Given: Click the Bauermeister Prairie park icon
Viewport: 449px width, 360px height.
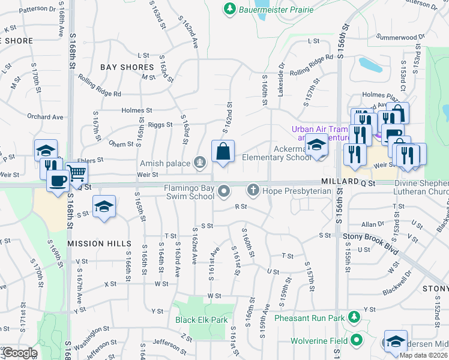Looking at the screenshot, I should pyautogui.click(x=229, y=8).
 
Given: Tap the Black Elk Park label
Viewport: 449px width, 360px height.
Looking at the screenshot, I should pyautogui.click(x=201, y=320).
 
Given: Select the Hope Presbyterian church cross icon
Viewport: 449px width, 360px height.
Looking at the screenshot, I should pyautogui.click(x=253, y=191).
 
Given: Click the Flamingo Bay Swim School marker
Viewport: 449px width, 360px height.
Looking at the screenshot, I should pyautogui.click(x=224, y=191).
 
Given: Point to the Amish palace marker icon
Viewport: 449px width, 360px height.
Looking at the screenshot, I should pyautogui.click(x=199, y=162).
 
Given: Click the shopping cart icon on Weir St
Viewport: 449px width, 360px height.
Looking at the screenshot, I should pyautogui.click(x=77, y=173).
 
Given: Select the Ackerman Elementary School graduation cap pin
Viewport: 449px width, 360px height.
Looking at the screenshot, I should pyautogui.click(x=316, y=146).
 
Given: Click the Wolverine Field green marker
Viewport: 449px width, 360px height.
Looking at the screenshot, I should pyautogui.click(x=357, y=341).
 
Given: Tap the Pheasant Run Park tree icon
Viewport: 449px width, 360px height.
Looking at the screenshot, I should pyautogui.click(x=354, y=316).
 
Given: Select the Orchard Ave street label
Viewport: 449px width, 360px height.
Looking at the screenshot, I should pyautogui.click(x=45, y=117).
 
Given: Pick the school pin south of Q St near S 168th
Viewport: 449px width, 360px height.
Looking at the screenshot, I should pyautogui.click(x=105, y=207).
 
